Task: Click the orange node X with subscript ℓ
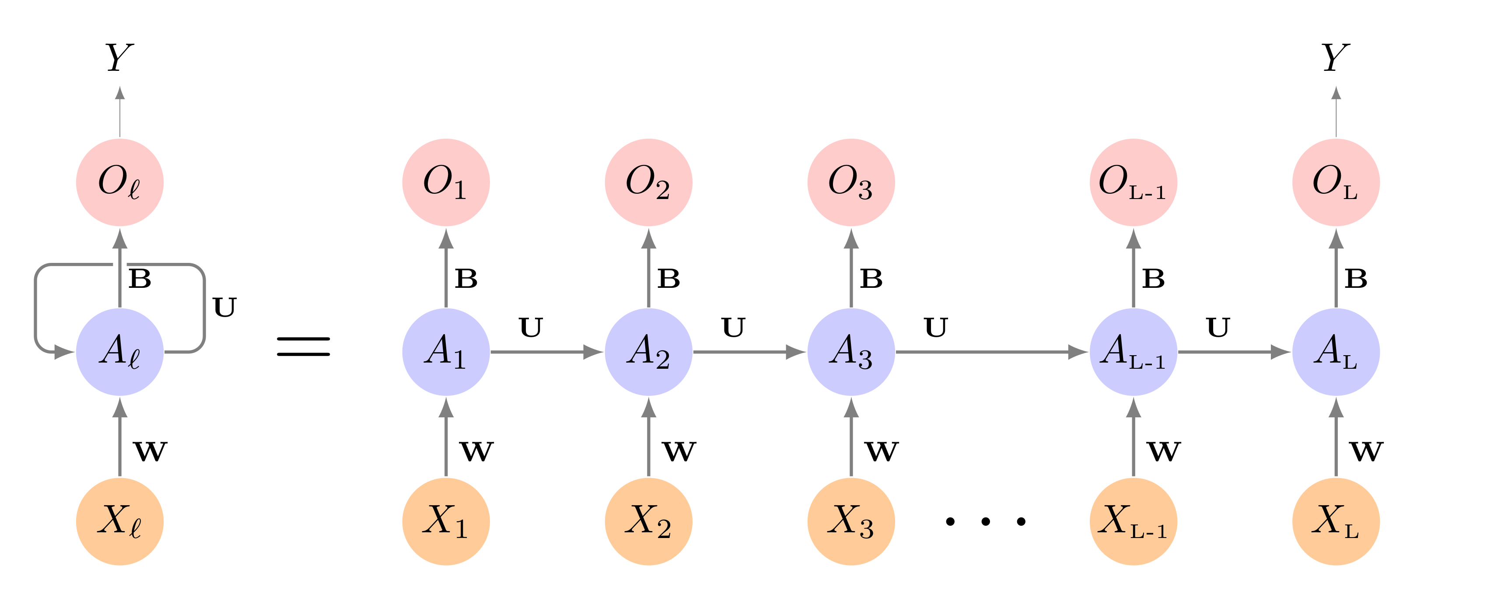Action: click(x=119, y=521)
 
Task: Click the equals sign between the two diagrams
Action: click(x=303, y=346)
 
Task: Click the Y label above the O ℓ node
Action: click(x=119, y=57)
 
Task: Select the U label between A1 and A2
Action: click(x=531, y=328)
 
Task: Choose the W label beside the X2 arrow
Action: click(x=679, y=451)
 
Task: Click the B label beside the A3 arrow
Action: click(x=871, y=279)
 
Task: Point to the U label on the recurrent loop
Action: click(x=224, y=307)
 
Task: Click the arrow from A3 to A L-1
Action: click(x=989, y=352)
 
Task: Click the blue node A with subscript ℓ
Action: click(x=119, y=352)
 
